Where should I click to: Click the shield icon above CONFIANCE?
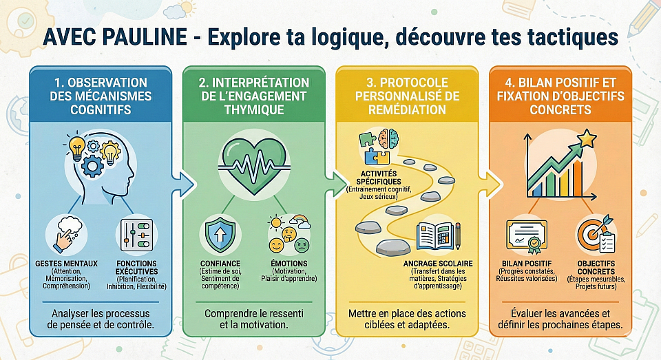tap(221, 235)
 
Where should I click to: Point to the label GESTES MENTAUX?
tap(66, 264)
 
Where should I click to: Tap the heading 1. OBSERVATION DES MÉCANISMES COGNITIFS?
tap(99, 96)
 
